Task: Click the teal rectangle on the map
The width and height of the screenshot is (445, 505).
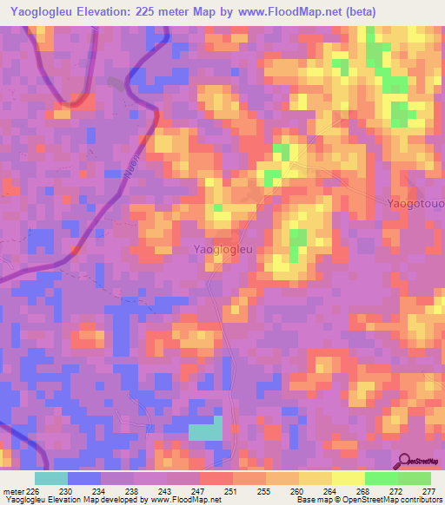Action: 205,431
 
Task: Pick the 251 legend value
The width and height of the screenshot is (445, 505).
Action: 231,493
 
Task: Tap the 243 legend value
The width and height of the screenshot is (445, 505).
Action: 165,493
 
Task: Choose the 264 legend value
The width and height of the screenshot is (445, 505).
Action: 330,493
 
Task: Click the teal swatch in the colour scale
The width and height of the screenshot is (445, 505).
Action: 51,478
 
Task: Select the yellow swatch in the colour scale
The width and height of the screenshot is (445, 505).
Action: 348,478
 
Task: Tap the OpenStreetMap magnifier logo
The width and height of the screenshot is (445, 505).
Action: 404,461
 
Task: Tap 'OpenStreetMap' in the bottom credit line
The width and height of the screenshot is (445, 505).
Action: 358,501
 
